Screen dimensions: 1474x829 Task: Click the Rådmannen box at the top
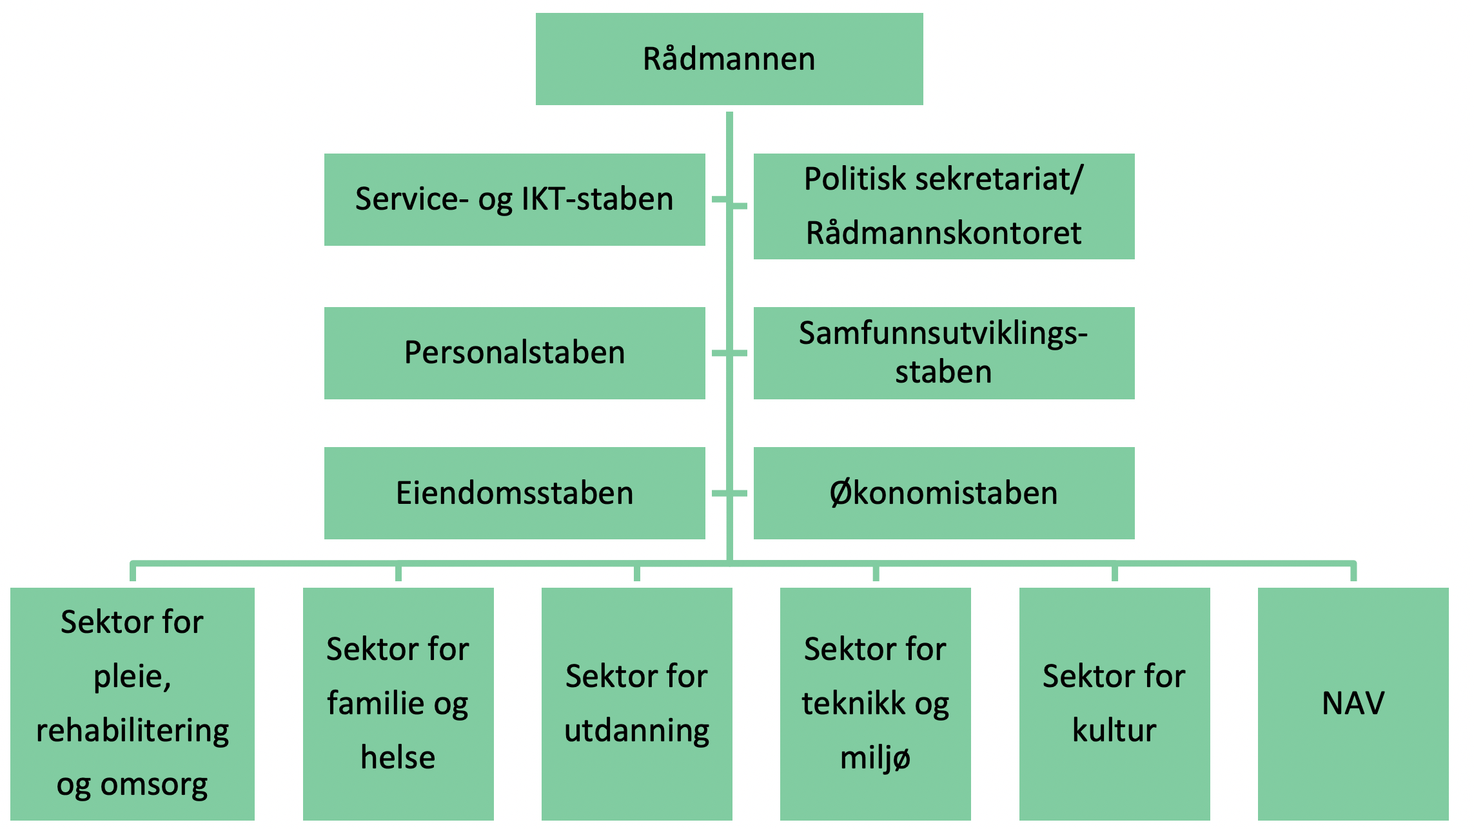coord(729,59)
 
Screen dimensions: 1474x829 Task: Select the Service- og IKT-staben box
coord(515,199)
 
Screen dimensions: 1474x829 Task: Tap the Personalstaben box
coord(515,353)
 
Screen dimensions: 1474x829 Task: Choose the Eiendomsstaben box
coord(515,493)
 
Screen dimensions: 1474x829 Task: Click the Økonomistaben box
coord(944,493)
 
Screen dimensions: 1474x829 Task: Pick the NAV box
coord(1353,704)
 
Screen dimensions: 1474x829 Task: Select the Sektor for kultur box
coord(1115,704)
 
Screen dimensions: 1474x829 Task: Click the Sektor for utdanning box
coord(637,704)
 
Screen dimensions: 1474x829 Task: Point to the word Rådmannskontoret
coord(944,233)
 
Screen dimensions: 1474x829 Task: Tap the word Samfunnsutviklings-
coord(943,334)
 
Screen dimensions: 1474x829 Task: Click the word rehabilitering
coord(133,731)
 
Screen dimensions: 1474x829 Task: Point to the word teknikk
coord(854,703)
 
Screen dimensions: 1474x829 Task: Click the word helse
coord(398,757)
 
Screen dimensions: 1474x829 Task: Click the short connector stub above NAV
coord(1353,572)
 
